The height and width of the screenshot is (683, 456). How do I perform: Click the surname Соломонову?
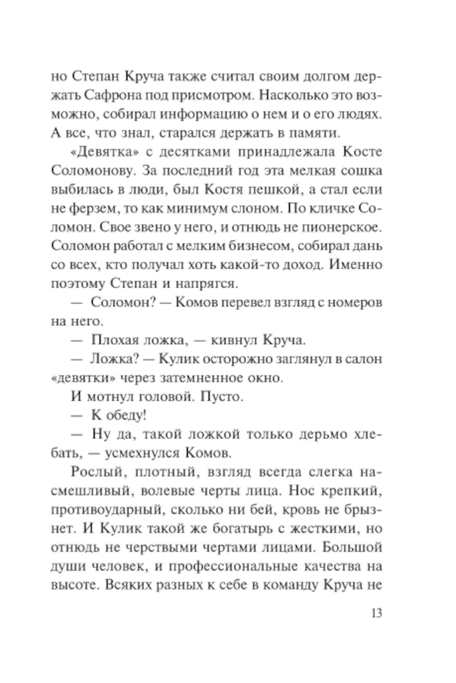[x=93, y=171]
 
